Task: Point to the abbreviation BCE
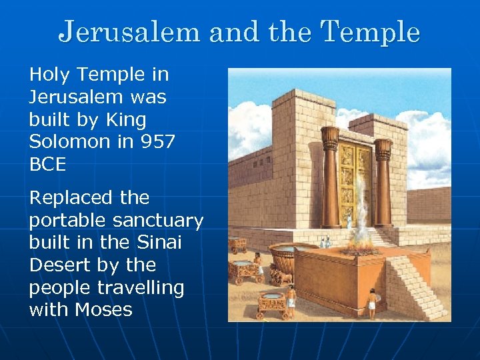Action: tap(47, 164)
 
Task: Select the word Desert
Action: tap(60, 265)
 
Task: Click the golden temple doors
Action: tap(354, 184)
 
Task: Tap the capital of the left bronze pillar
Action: tap(330, 138)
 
